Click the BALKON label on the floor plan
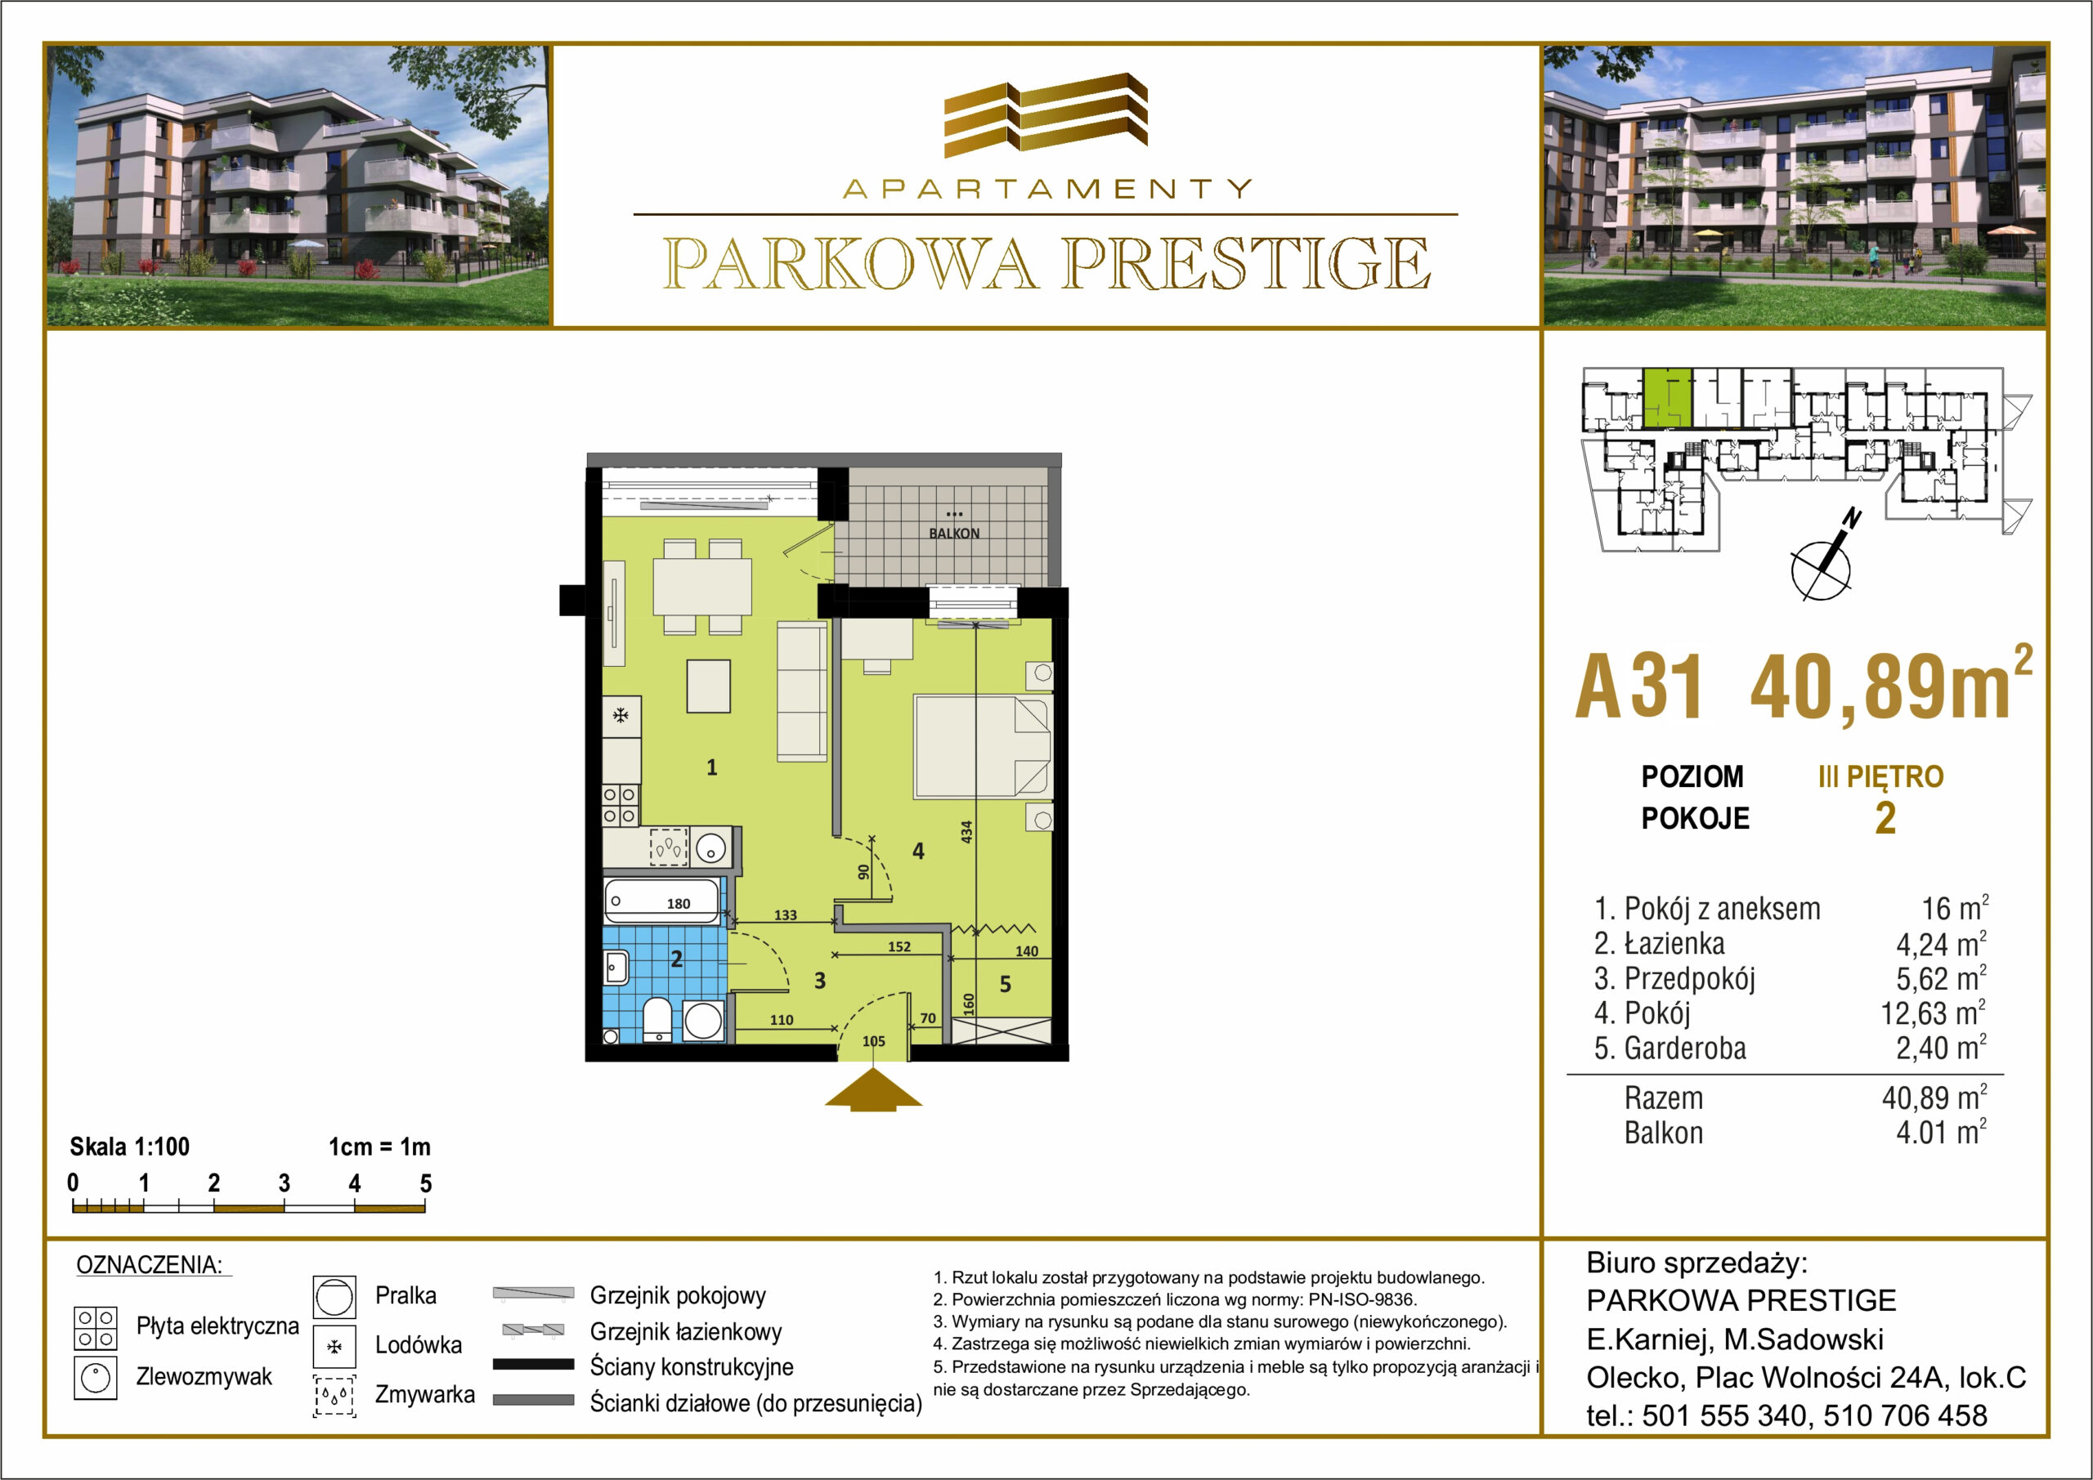tap(953, 533)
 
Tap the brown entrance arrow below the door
tap(873, 1090)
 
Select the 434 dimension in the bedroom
tap(967, 832)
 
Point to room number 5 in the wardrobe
tap(1005, 984)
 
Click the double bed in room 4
tap(983, 747)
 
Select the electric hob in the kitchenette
tap(620, 806)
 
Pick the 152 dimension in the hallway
tap(899, 947)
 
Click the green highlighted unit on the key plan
tap(1667, 399)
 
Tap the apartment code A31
tap(1638, 686)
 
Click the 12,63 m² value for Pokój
tap(1933, 1013)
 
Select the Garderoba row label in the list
tap(1670, 1048)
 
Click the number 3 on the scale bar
tap(285, 1183)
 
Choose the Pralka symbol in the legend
tap(334, 1297)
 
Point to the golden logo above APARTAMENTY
tap(1046, 115)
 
